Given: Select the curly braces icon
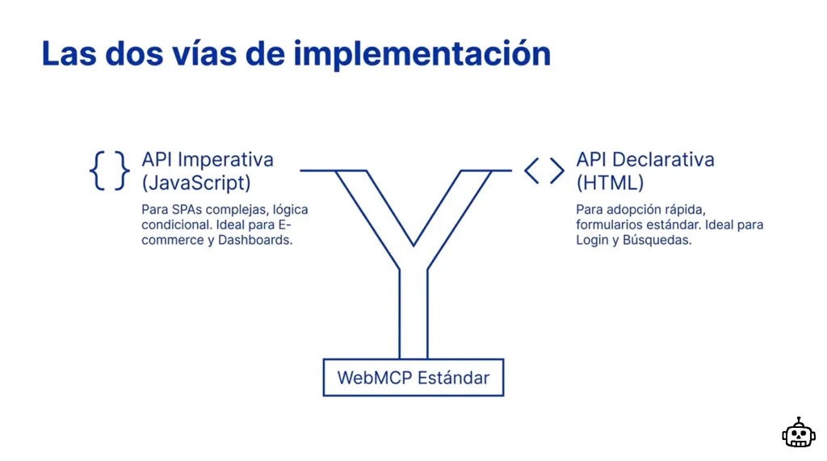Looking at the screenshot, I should tap(109, 170).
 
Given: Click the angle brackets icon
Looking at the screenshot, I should tap(544, 170).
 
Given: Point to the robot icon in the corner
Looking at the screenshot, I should tap(798, 434).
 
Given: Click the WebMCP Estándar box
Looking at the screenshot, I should tap(413, 378).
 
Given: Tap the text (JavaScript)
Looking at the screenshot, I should tap(196, 182).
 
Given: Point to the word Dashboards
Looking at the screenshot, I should tap(255, 241).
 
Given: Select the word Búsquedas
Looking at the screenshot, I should tap(657, 241).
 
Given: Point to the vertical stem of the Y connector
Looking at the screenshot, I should tap(413, 315).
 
